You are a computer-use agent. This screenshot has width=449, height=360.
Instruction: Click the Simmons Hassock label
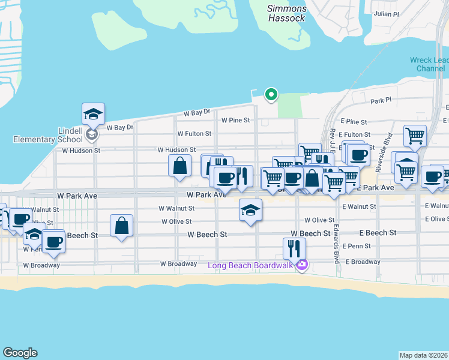point(287,13)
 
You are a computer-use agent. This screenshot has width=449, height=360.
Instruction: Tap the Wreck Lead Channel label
point(429,64)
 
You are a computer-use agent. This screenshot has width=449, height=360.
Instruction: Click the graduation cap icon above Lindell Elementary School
point(93,113)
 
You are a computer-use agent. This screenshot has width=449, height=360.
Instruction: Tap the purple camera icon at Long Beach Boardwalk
point(302,265)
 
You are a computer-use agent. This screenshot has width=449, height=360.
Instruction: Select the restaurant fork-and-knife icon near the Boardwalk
point(294,248)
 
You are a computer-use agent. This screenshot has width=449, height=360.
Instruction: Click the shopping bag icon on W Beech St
point(121,226)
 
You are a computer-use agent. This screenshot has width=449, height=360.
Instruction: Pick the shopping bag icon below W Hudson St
point(180,165)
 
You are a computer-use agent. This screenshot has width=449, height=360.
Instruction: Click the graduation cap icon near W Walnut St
point(250,210)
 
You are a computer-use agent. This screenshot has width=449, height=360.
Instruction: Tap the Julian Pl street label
point(385,13)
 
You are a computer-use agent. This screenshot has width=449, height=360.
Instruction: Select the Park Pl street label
point(381,101)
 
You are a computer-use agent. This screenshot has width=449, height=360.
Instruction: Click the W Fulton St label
point(194,134)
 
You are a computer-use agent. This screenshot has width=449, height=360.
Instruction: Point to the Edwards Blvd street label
point(337,244)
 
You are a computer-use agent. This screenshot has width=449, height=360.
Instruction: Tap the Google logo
point(20,353)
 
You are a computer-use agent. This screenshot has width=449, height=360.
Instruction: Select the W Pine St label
point(235,120)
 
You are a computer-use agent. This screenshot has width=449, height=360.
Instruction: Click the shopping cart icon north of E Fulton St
point(415,136)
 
